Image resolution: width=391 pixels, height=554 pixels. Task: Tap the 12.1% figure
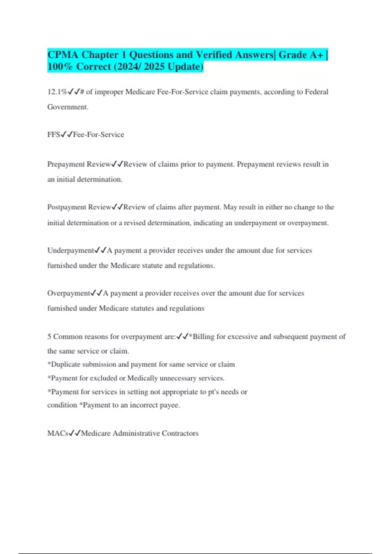(x=57, y=92)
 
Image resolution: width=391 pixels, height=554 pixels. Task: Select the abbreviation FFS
(x=53, y=135)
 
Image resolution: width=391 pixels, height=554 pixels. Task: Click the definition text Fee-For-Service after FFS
(x=98, y=135)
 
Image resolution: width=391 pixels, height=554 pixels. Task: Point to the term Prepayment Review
(x=79, y=164)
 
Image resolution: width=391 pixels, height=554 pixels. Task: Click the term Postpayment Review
(x=79, y=207)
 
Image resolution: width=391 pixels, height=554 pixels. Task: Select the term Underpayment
(x=70, y=250)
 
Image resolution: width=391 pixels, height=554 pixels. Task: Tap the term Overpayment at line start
(x=68, y=293)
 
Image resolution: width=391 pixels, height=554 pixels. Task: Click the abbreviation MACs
(x=58, y=433)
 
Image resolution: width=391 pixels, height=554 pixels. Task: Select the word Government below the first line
(x=67, y=107)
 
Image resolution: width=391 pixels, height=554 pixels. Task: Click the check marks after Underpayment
(x=100, y=250)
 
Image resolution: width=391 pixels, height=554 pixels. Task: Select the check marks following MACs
(x=74, y=433)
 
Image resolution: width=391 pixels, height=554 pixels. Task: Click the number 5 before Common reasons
(x=49, y=336)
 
